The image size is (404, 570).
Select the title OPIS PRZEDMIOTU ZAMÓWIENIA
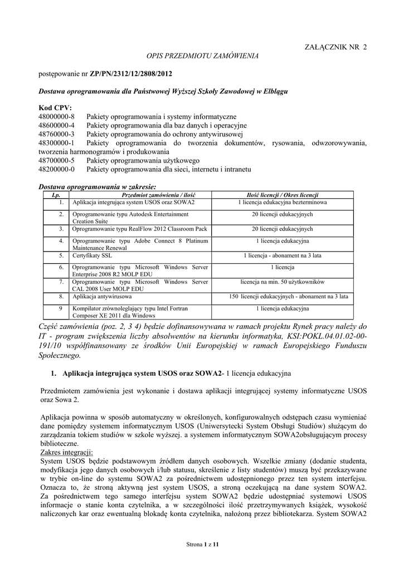click(x=202, y=56)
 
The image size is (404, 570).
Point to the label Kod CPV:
click(x=55, y=107)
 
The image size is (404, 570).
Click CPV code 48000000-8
click(x=56, y=116)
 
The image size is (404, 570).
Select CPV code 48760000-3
click(x=56, y=134)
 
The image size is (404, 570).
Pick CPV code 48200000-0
click(x=56, y=169)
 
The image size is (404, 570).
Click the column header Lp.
click(x=55, y=195)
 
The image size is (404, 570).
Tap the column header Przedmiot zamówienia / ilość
click(x=159, y=195)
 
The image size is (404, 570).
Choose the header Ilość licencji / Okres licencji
click(x=282, y=195)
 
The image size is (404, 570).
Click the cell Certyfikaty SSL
click(x=93, y=255)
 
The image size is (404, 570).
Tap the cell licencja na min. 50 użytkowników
click(x=282, y=282)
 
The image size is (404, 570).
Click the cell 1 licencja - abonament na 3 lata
click(x=282, y=255)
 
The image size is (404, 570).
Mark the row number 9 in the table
click(x=61, y=308)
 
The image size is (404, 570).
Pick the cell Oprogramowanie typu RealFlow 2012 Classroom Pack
click(x=139, y=229)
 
